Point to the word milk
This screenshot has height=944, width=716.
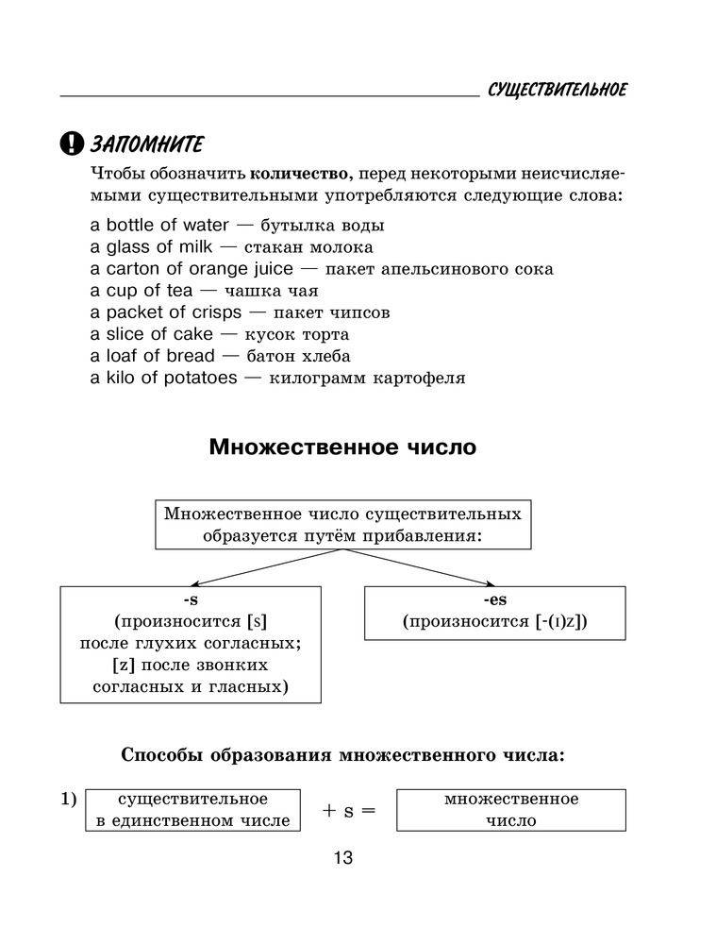[190, 246]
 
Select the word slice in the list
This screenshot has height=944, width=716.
[125, 334]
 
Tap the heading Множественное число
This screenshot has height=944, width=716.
[342, 447]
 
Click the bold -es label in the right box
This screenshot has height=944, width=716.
[494, 599]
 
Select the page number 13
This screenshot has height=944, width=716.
[341, 859]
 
